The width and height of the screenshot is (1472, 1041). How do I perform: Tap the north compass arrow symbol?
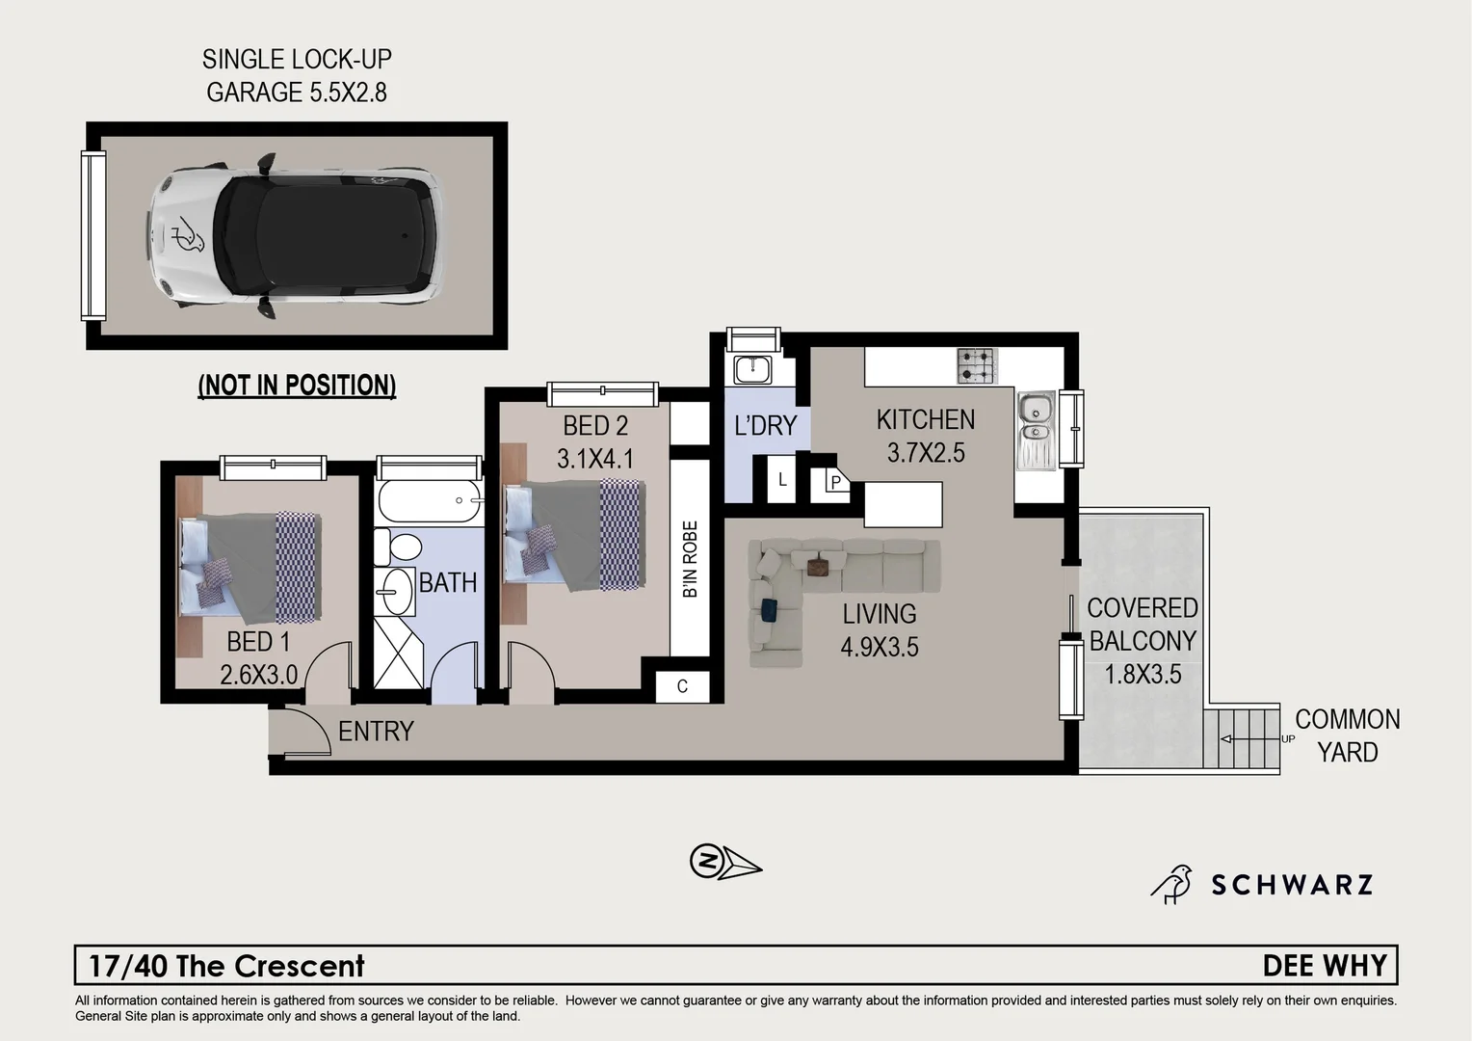pos(724,861)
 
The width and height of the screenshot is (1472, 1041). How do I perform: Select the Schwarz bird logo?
pos(1171,884)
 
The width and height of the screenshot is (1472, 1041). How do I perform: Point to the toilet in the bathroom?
pos(397,547)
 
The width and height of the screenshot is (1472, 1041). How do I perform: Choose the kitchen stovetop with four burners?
pos(977,366)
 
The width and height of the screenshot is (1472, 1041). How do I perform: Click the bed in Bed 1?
pos(250,569)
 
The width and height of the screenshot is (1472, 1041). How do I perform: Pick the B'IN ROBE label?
pos(690,560)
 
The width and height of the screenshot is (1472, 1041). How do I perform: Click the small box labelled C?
pos(682,686)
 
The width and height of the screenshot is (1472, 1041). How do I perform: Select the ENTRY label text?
pos(376,732)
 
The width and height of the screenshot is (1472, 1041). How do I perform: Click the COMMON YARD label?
pos(1347,735)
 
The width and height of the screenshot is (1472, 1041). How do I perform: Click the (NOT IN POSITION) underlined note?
pos(297,386)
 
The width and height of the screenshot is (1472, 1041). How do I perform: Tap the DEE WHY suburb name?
pos(1325,966)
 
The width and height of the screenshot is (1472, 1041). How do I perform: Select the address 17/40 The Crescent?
pos(227,966)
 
